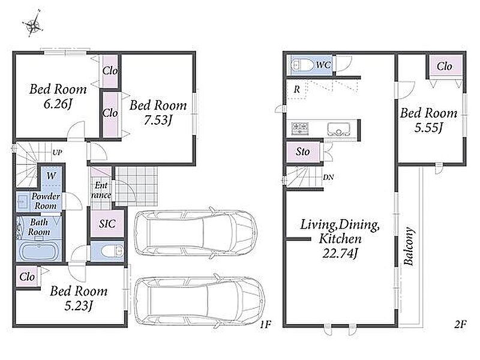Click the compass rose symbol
(x=32, y=25)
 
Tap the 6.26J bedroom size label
(x=58, y=104)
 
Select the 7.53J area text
(x=158, y=121)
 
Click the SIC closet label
(x=107, y=224)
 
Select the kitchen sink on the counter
(x=338, y=129)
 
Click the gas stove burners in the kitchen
(x=299, y=128)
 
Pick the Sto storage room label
(x=302, y=152)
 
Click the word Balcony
(x=409, y=246)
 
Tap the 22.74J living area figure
(x=340, y=253)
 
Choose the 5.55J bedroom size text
(x=428, y=127)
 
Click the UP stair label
(x=57, y=152)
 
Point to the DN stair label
(x=328, y=177)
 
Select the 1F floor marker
(x=266, y=324)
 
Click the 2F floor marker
(x=460, y=324)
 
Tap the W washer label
(x=51, y=176)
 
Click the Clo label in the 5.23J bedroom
(x=27, y=277)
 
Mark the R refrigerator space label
(x=296, y=89)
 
